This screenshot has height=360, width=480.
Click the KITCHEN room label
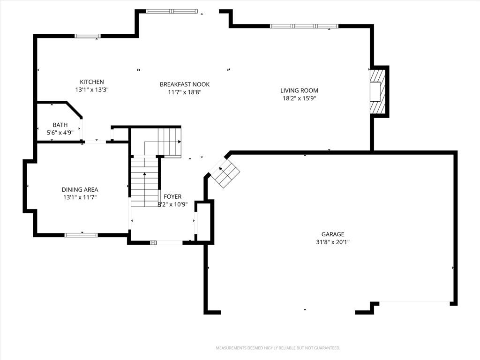click(92, 82)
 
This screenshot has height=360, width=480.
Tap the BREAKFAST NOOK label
click(185, 84)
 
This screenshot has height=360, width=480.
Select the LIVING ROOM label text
click(299, 90)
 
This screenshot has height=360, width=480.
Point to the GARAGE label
click(333, 234)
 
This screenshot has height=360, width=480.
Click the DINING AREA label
click(80, 190)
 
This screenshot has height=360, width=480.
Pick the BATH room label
click(60, 125)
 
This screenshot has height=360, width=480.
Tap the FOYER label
click(172, 196)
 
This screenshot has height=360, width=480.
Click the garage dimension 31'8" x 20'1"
click(333, 242)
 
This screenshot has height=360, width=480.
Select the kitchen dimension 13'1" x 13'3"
click(92, 90)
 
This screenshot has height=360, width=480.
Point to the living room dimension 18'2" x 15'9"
click(299, 98)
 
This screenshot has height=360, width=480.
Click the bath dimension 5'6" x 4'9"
click(60, 133)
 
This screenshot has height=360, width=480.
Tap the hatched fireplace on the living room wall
click(377, 91)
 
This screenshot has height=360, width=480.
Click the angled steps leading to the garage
click(226, 174)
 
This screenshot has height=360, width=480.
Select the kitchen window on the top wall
click(88, 36)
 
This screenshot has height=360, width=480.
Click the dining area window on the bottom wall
click(81, 235)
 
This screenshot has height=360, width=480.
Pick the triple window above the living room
click(304, 26)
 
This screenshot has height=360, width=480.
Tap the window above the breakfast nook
click(172, 11)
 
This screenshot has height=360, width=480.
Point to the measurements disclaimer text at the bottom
click(278, 348)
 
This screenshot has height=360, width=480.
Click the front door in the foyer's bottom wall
click(166, 243)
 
